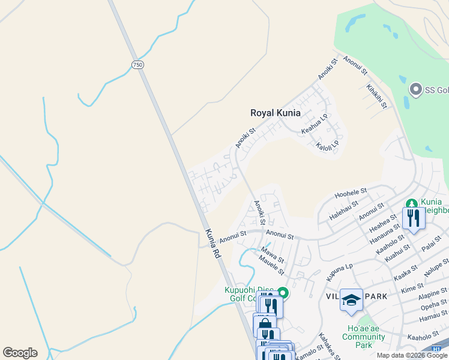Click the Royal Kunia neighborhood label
[275, 113]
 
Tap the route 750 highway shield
[138, 64]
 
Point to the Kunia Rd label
[213, 244]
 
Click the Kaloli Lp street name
[328, 145]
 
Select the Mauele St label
[271, 262]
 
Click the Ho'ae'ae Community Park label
[364, 337]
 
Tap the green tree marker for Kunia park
[412, 204]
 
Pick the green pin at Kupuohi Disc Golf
[283, 293]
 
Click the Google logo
[20, 353]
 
